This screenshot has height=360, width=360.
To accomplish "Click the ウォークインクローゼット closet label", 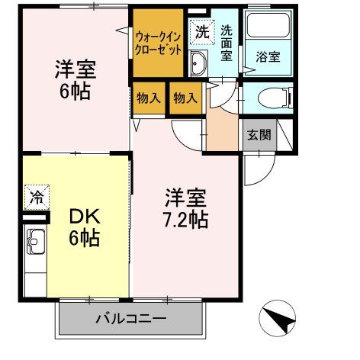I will (159, 42).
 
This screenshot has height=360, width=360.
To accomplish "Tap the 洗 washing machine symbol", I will (200, 31).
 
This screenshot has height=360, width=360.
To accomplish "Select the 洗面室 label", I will (228, 41).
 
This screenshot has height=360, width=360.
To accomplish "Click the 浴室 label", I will (268, 56).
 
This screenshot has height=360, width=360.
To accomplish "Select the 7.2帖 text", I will (186, 221).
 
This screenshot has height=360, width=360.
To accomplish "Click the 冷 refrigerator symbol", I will (36, 197).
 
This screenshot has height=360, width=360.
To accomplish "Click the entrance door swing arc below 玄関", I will (259, 166).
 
